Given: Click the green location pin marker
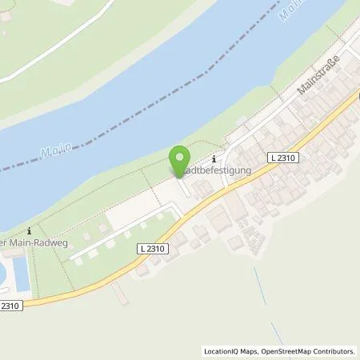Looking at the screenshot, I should point(181,161).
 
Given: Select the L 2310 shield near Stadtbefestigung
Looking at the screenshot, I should point(285,159).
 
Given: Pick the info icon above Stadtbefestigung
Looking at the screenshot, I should point(214,160).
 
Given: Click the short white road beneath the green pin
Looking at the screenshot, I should point(186,189).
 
